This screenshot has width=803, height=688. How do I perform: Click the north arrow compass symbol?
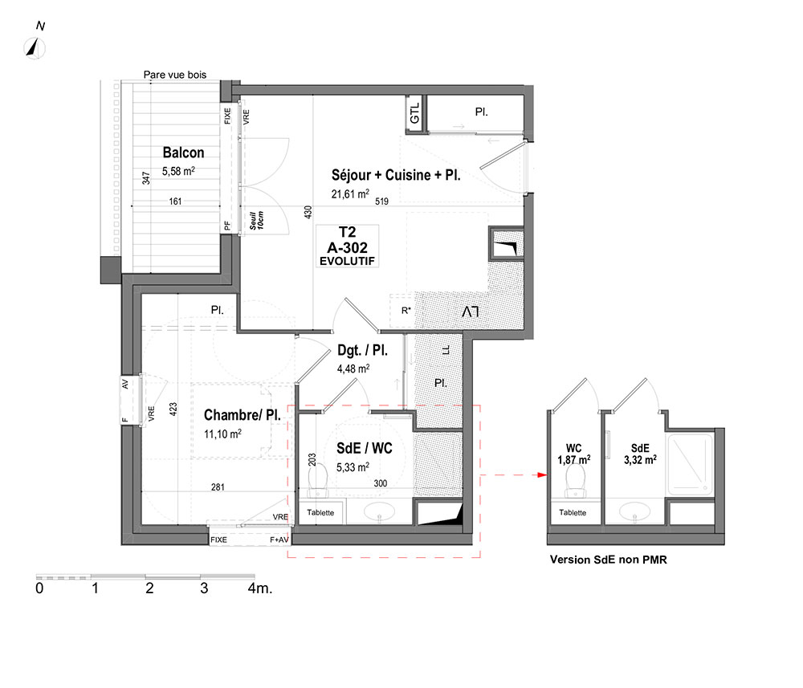pos(35,48)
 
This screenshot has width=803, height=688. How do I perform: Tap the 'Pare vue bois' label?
pos(174,75)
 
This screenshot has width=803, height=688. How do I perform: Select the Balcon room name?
pos(183,153)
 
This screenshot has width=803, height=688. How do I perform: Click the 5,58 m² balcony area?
pos(178,171)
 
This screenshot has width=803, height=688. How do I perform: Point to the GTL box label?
pos(415,112)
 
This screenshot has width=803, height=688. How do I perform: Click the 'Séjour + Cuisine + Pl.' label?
pos(396,175)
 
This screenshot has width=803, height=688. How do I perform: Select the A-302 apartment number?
pos(347,248)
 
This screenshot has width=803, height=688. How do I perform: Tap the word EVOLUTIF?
pos(347,261)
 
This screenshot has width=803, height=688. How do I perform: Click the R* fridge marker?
pos(406,310)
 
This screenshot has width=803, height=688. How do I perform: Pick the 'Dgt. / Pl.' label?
pos(363,350)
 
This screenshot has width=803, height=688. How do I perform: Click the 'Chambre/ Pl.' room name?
pos(243,414)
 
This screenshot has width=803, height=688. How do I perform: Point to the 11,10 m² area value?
pos(222,434)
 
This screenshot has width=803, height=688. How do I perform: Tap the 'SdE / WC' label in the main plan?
pos(364,449)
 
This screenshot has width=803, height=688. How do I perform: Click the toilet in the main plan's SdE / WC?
pos(317,480)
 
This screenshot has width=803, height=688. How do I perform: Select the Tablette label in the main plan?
pos(320,512)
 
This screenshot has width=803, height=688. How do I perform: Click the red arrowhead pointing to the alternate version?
pos(542,475)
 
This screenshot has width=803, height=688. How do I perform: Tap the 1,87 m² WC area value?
pos(574,460)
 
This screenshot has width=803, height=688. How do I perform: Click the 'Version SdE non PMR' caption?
pos(609,560)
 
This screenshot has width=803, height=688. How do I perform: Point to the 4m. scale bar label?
pos(260,588)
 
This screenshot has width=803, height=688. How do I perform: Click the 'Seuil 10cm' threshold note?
pos(257,220)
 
